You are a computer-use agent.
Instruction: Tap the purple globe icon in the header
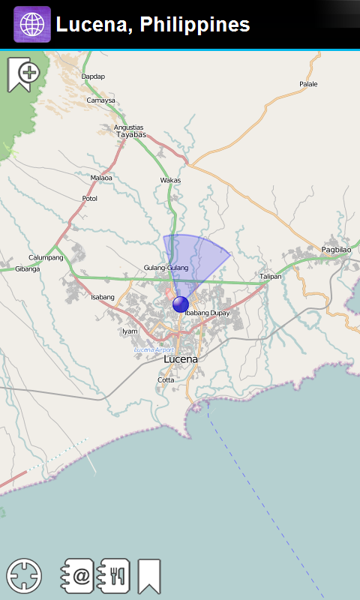32,25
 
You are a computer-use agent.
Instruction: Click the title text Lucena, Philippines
153,25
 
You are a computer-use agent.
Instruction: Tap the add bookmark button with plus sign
23,73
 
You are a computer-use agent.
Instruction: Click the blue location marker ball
181,304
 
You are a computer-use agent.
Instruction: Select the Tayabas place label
131,135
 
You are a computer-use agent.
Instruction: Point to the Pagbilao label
336,249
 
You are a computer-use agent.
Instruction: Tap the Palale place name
308,84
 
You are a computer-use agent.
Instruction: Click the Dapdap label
93,76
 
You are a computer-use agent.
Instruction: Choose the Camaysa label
101,100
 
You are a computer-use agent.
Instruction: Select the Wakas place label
170,180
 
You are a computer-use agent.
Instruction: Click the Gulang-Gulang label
166,268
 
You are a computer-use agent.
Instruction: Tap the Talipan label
270,276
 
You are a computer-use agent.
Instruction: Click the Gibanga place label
27,268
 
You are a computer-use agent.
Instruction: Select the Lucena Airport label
154,350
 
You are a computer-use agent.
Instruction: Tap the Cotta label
166,379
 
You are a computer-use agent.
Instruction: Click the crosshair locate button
24,576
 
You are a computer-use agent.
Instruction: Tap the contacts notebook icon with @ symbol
77,576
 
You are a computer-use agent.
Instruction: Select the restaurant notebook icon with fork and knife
115,576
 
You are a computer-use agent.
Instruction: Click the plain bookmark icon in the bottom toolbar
148,576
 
